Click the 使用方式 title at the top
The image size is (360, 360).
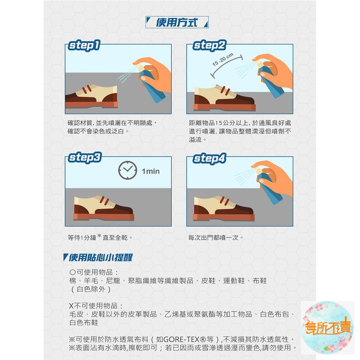pyautogui.click(x=176, y=22)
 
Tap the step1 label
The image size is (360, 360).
pyautogui.click(x=84, y=45)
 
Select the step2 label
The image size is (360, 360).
pyautogui.click(x=210, y=45)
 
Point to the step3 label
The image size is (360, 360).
pyautogui.click(x=85, y=158)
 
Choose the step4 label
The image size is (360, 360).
pyautogui.click(x=210, y=158)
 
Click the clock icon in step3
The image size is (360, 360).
pyautogui.click(x=128, y=170)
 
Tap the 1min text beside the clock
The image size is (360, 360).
pyautogui.click(x=150, y=171)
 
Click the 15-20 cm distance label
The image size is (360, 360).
pyautogui.click(x=223, y=59)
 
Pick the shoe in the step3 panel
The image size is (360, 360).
pyautogui.click(x=104, y=208)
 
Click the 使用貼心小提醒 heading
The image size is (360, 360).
pyautogui.click(x=98, y=257)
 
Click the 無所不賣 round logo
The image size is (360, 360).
pyautogui.click(x=327, y=327)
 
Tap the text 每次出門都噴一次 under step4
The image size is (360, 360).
pyautogui.click(x=213, y=237)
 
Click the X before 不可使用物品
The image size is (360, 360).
pyautogui.click(x=71, y=306)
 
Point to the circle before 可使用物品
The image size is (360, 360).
pyautogui.click(x=73, y=272)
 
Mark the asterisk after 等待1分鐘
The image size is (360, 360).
pyautogui.click(x=99, y=236)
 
